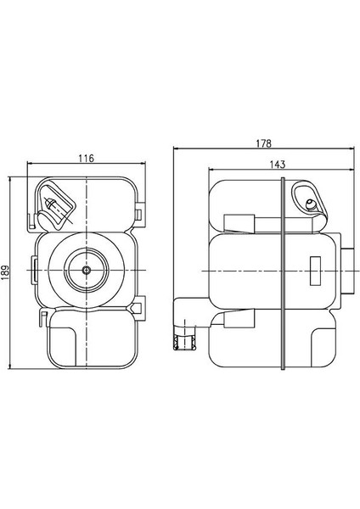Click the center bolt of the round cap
pos(87,269)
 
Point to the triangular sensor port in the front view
pos(53,204)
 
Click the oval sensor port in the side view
pos(309,202)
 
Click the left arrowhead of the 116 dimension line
pos(32,165)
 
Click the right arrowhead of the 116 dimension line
pos(140,165)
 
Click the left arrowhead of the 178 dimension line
pos(176,149)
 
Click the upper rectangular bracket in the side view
pos(239,223)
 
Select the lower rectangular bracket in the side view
pos(239,317)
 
